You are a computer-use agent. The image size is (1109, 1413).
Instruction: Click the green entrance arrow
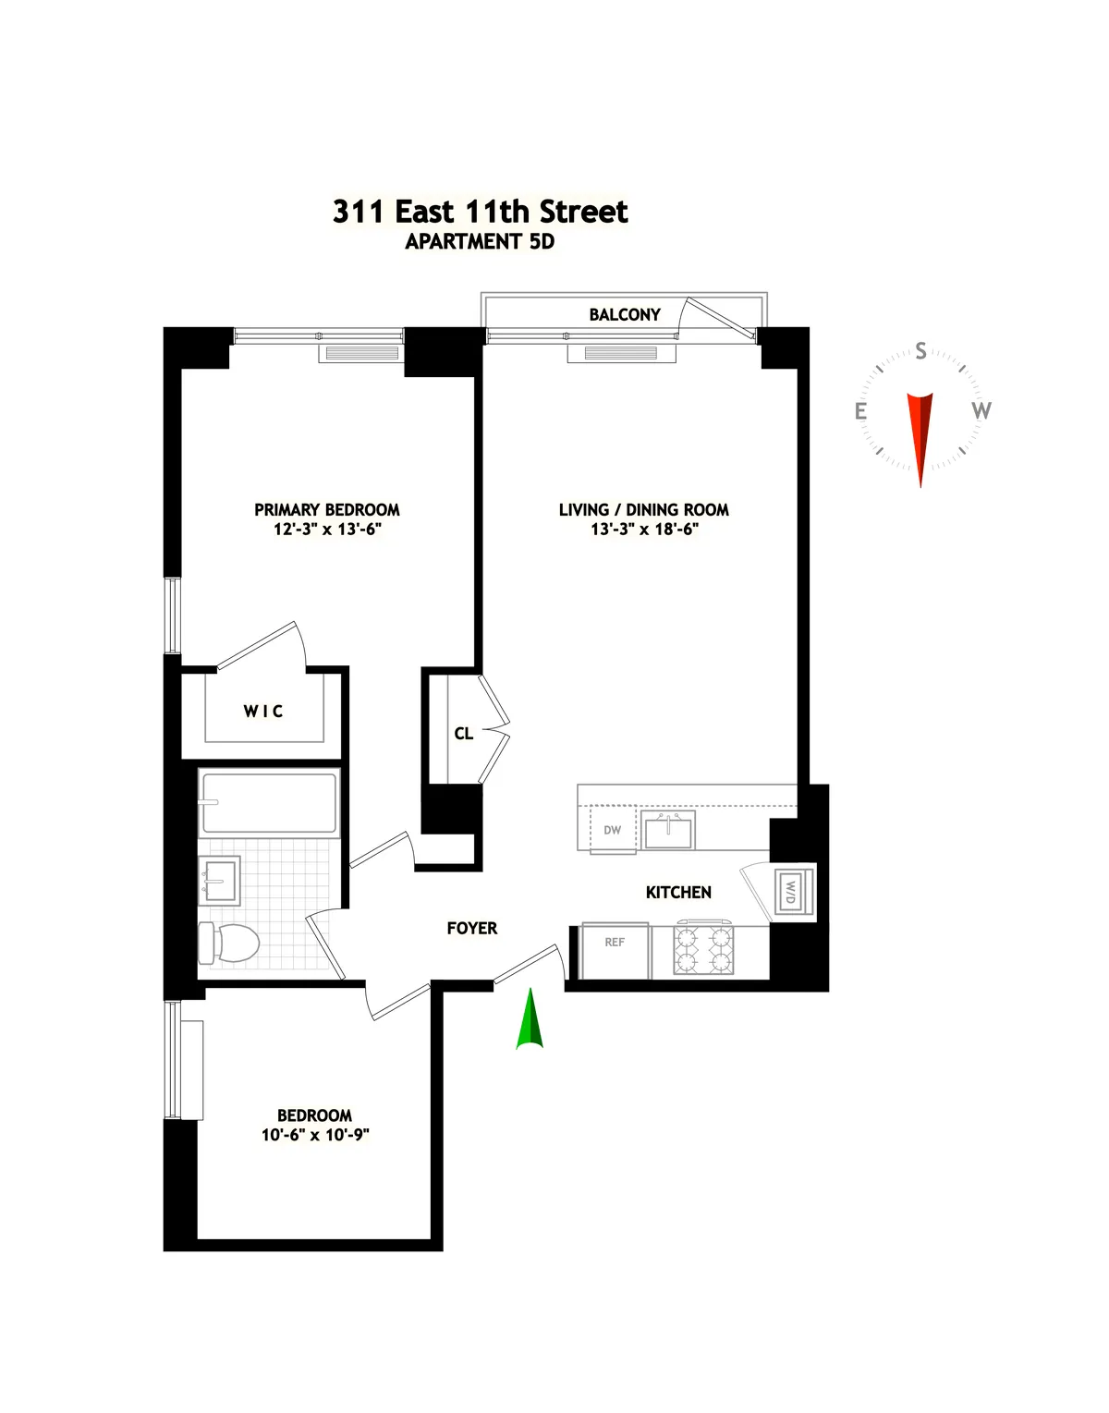click(530, 1021)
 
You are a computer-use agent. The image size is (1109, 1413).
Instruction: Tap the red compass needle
click(920, 434)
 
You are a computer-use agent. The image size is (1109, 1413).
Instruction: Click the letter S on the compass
click(920, 351)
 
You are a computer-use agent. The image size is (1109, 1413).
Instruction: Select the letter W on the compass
click(981, 410)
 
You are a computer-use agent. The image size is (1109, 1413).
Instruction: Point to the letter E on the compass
click(861, 411)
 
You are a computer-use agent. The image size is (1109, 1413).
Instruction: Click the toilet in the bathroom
click(230, 943)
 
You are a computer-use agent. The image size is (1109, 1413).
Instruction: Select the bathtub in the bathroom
click(269, 803)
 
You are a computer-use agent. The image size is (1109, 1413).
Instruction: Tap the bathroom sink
click(220, 881)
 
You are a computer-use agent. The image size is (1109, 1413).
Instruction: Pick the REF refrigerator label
click(615, 943)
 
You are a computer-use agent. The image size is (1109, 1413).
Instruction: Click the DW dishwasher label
click(613, 830)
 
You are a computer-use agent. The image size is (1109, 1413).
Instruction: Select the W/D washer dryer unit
click(791, 892)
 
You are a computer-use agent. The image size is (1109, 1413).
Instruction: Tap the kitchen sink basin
click(668, 832)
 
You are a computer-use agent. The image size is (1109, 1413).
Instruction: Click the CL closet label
click(464, 734)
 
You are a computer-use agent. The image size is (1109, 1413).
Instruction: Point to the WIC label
click(263, 711)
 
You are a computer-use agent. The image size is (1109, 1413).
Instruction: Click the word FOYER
click(472, 929)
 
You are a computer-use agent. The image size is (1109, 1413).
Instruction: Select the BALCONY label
click(625, 315)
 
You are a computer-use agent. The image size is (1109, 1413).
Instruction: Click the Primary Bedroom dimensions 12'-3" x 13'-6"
click(327, 530)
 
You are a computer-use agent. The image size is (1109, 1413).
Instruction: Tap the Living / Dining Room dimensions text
click(644, 530)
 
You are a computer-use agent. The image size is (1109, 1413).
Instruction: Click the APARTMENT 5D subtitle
click(480, 242)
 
